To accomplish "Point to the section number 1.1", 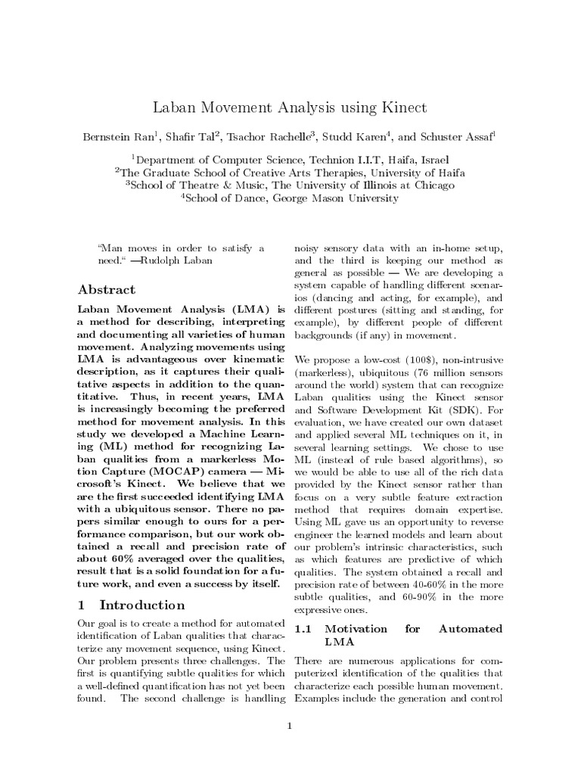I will tap(303, 628).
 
